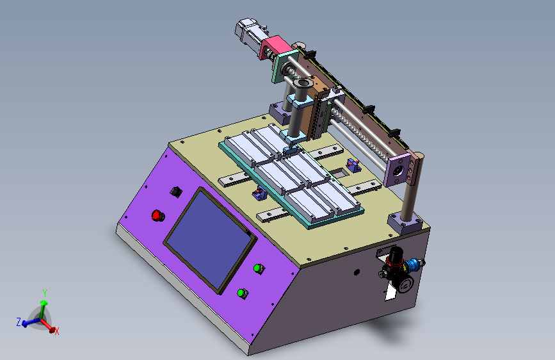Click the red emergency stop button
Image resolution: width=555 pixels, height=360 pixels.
tap(157, 215)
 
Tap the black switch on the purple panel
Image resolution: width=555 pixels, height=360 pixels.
tap(176, 192)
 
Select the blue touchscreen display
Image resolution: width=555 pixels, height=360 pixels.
tap(209, 240)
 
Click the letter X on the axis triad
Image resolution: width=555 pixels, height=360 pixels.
tap(56, 332)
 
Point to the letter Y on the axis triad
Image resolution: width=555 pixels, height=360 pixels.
tap(45, 293)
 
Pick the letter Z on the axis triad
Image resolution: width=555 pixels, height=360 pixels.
tap(19, 322)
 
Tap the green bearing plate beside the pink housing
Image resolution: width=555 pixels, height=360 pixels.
tap(284, 66)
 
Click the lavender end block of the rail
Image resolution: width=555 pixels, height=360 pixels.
tap(397, 171)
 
